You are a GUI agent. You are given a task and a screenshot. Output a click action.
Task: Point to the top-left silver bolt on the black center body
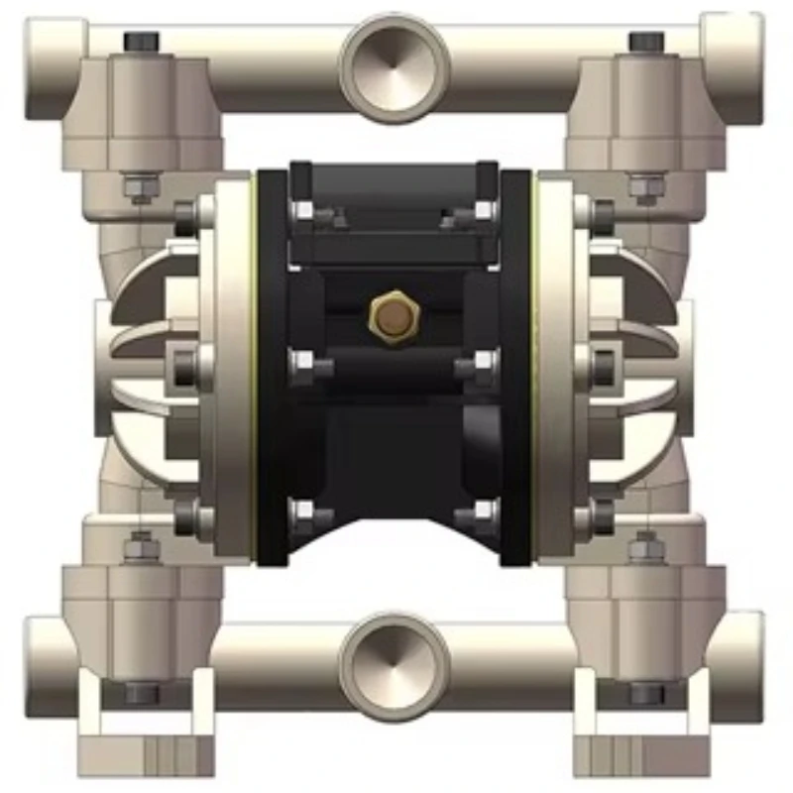pos(303,211)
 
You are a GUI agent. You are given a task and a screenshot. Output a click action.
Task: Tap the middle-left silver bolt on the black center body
pos(303,365)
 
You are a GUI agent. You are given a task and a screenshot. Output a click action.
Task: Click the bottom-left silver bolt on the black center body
pos(303,512)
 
